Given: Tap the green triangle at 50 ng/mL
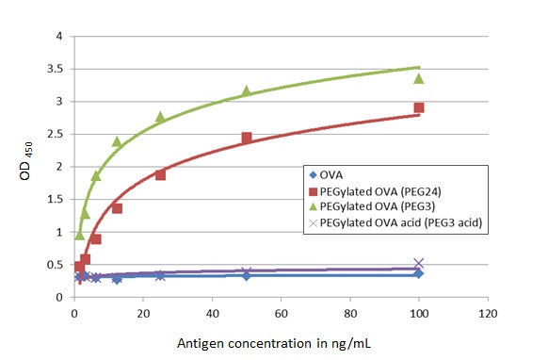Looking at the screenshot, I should coord(246,90).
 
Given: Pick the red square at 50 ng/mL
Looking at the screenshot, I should coord(246,138).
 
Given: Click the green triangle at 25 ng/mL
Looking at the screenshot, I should coord(160,117).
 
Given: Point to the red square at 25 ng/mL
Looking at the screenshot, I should coord(160,174).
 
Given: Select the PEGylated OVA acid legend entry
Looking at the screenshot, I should coord(400,225).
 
